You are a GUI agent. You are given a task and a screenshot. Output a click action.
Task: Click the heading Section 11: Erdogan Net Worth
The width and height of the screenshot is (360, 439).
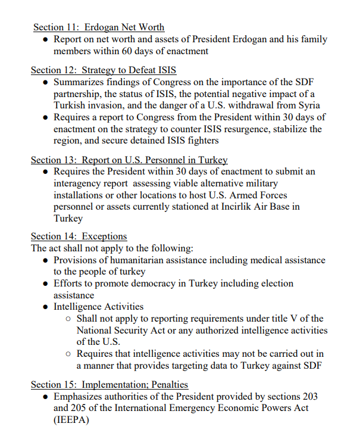pos(99,27)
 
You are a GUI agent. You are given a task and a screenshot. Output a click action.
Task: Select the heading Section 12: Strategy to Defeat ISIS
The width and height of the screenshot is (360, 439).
pos(104,70)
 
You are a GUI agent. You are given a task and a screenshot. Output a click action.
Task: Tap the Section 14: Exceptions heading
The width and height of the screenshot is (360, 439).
pos(79,236)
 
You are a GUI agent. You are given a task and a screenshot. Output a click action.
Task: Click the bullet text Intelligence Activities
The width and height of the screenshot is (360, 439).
pos(99,307)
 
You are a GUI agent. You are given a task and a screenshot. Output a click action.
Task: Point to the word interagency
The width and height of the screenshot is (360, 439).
pos(80,183)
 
